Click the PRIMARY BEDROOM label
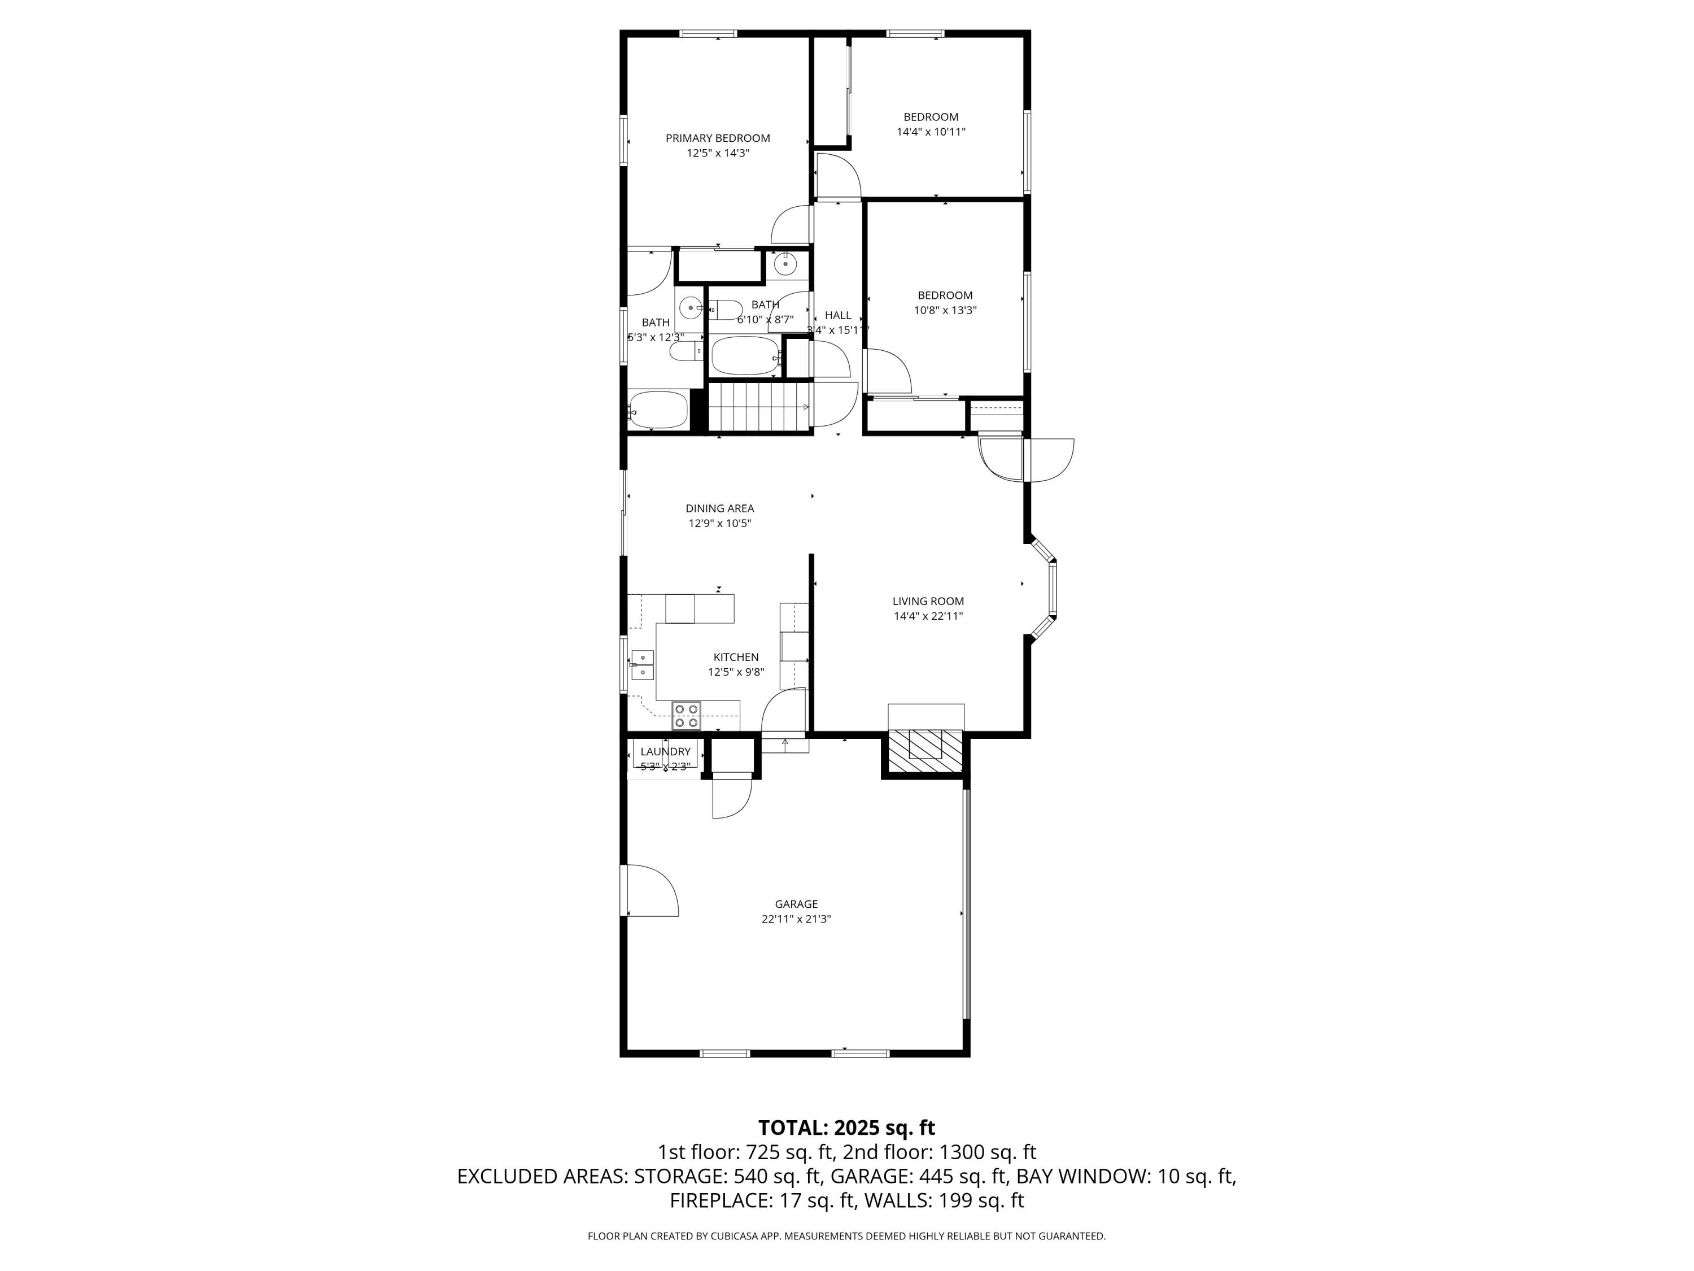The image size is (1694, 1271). [x=718, y=138]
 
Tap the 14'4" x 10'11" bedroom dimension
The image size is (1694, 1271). [x=931, y=132]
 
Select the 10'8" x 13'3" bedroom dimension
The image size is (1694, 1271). [x=945, y=310]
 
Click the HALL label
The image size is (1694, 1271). [x=838, y=315]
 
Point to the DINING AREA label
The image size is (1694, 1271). [x=719, y=508]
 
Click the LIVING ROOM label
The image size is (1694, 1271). [x=928, y=602]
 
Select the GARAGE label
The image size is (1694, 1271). [x=796, y=904]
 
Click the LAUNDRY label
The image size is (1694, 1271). [x=666, y=751]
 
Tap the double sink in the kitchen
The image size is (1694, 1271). [x=643, y=665]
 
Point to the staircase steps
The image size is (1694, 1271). [x=758, y=408]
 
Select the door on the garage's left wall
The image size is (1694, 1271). [x=651, y=891]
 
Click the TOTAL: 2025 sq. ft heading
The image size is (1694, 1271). [x=846, y=1128]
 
